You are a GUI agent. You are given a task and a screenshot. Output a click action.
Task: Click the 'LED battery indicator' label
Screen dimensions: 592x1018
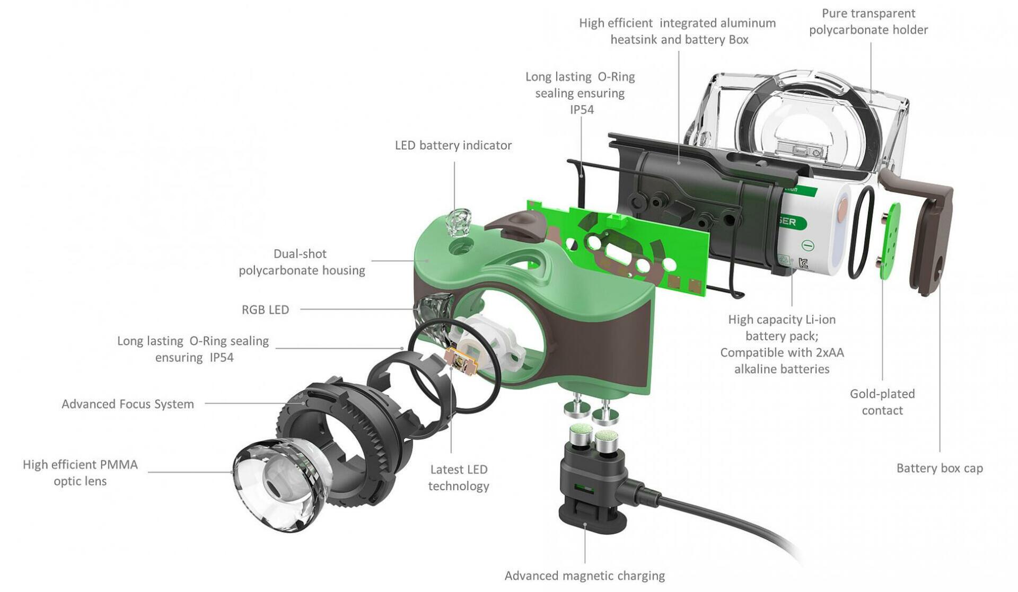coord(453,145)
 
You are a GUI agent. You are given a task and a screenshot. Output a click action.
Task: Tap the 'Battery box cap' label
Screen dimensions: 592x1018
coord(939,468)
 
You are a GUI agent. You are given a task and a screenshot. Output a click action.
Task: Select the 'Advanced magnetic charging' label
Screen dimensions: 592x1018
coord(584,576)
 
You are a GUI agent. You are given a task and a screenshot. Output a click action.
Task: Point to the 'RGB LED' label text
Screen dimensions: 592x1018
coord(265,310)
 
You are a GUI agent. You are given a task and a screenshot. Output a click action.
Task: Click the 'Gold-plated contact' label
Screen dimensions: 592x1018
coord(882,402)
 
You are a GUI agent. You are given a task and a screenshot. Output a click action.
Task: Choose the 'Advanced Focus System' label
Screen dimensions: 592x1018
coord(128,404)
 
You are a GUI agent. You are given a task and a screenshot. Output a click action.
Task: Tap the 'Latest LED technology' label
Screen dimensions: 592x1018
coord(458,478)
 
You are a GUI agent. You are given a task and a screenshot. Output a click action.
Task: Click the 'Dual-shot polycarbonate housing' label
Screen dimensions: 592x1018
coord(302,262)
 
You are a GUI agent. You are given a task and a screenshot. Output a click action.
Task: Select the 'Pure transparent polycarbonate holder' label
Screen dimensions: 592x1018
coord(868,22)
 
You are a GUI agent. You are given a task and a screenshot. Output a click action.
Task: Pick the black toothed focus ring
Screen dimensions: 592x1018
coord(339,429)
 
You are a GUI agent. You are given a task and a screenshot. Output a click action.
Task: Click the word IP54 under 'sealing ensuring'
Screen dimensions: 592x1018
coord(582,110)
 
